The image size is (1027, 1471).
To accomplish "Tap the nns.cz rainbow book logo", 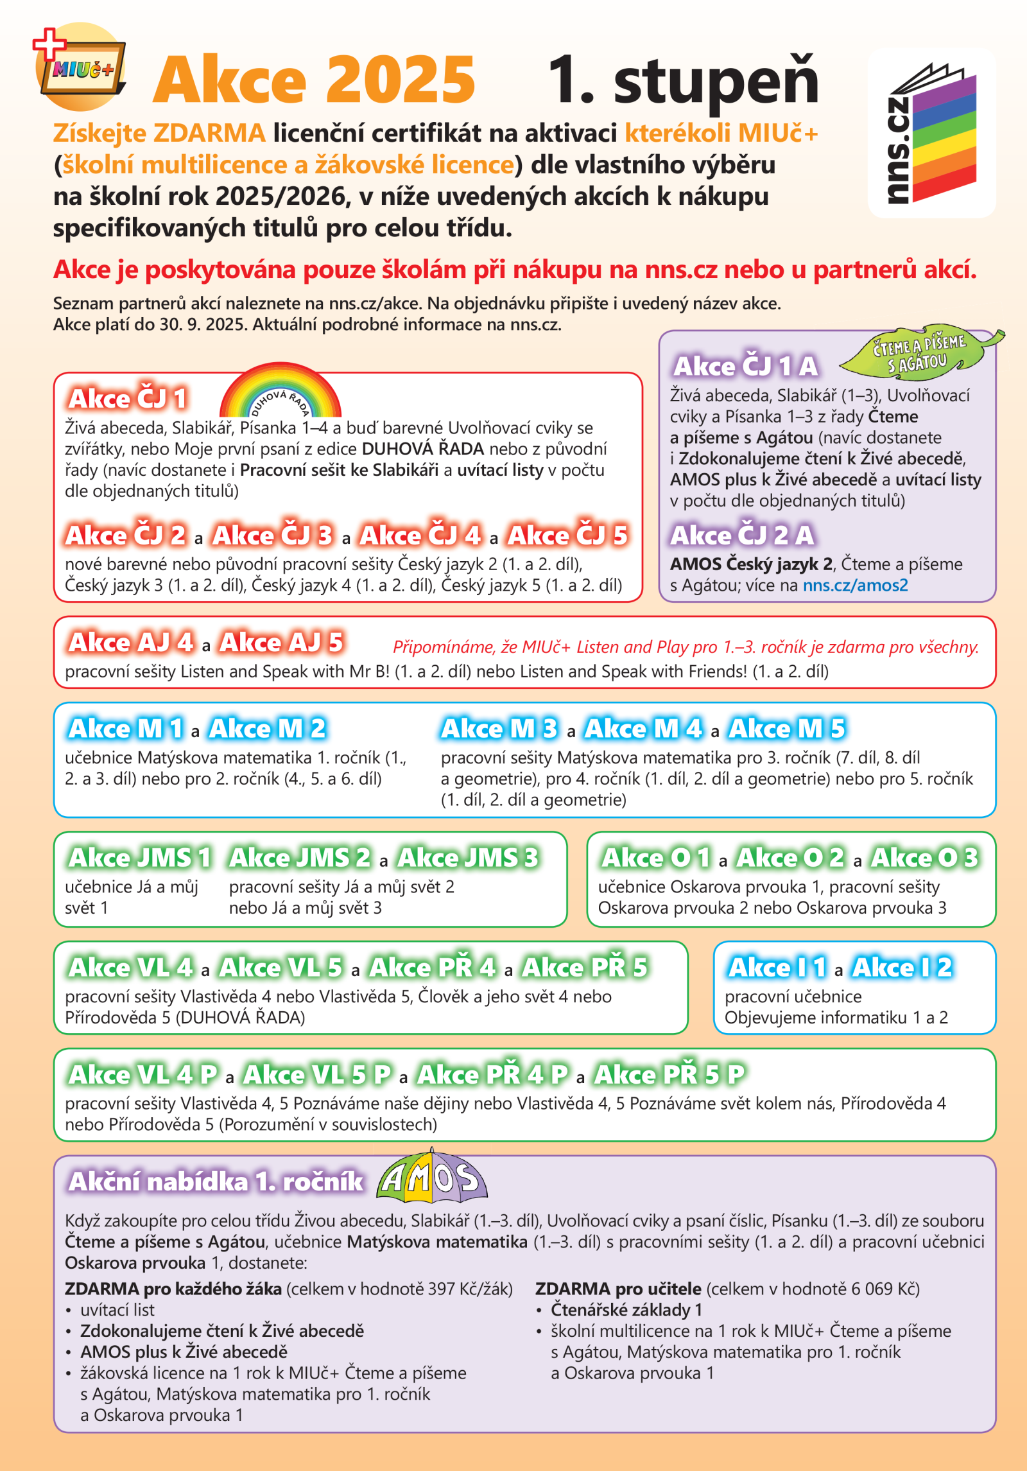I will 931,134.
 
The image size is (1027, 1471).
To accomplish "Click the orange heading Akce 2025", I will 314,80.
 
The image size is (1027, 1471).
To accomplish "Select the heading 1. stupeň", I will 683,80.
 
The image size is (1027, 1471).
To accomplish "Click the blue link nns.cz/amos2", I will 855,586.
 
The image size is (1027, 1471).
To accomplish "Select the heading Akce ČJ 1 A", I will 745,367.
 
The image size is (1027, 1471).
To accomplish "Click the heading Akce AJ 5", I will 281,642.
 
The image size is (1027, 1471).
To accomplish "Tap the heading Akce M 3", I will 499,729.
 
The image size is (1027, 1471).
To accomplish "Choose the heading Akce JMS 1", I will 140,858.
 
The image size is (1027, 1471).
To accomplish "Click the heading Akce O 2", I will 790,858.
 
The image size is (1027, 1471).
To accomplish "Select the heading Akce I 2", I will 902,968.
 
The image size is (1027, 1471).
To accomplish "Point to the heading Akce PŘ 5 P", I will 669,1075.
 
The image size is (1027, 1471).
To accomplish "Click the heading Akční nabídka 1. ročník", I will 216,1182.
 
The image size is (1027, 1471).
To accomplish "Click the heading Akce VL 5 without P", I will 280,968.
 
